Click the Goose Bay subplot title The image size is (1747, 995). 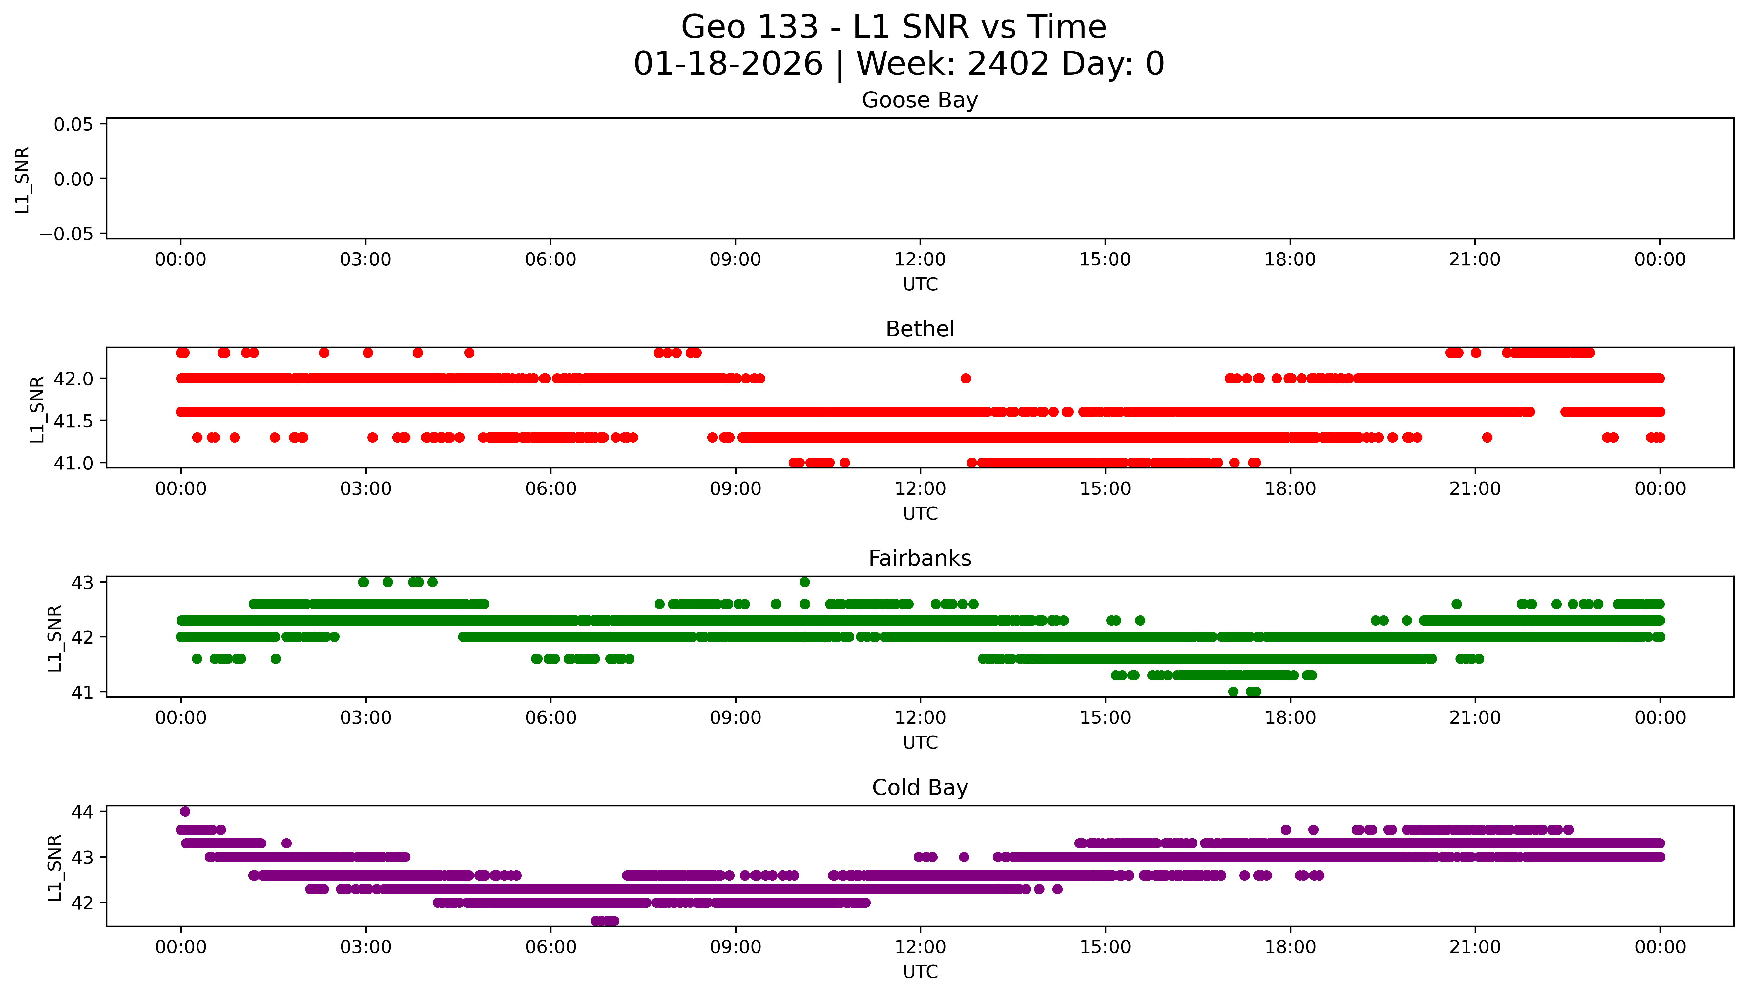pyautogui.click(x=920, y=100)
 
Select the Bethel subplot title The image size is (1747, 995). pyautogui.click(x=920, y=329)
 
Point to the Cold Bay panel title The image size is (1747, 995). pyautogui.click(x=920, y=788)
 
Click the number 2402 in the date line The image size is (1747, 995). pyautogui.click(x=1009, y=64)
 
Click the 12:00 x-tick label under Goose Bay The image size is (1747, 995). pyautogui.click(x=920, y=260)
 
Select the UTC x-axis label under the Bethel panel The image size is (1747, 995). pyautogui.click(x=920, y=513)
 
